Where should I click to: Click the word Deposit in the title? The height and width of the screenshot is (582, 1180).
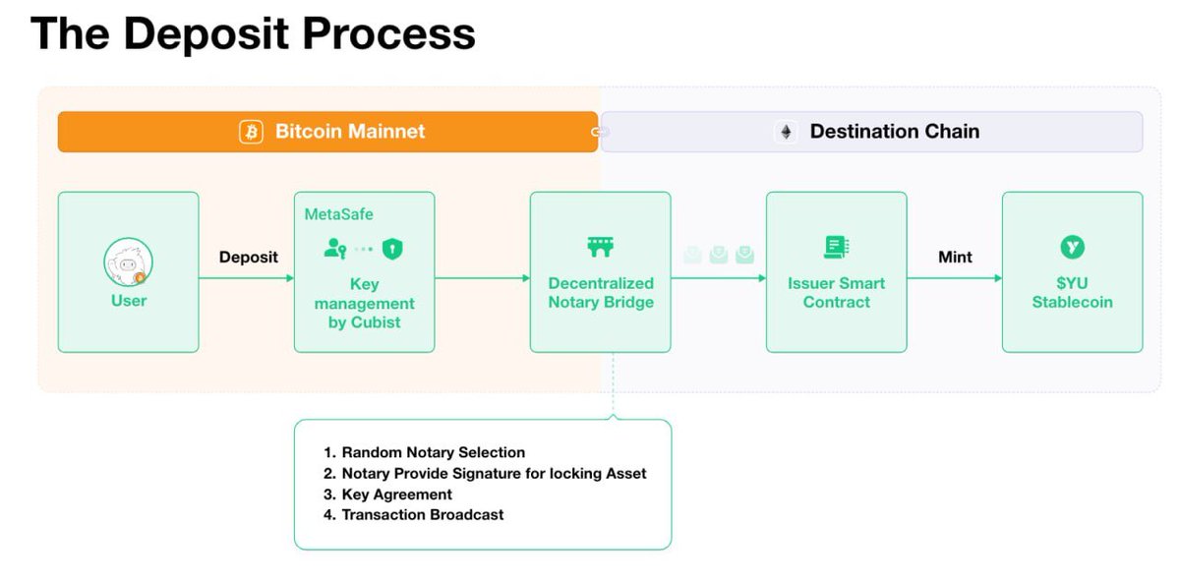206,34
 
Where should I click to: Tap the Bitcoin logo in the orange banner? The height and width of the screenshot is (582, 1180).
252,132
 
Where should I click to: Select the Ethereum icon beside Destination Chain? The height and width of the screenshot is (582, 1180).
786,132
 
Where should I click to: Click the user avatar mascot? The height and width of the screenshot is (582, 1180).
128,262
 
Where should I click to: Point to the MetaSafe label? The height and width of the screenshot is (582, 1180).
338,214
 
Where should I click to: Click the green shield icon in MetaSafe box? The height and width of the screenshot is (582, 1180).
392,249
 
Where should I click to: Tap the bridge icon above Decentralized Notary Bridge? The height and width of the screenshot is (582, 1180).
600,247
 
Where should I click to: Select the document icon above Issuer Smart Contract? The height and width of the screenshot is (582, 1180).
836,247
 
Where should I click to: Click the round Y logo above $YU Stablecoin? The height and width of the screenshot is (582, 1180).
1072,247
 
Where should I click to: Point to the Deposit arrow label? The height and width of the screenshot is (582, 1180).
248,257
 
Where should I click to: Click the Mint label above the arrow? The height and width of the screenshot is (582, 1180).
955,257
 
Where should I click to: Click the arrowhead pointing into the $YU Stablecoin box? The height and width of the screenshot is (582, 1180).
998,278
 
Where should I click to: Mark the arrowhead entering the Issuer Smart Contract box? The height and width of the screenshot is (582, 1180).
762,278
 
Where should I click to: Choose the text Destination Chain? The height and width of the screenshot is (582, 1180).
895,131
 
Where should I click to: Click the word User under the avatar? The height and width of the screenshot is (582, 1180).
129,301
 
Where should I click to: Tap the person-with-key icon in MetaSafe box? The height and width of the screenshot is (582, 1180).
335,248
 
